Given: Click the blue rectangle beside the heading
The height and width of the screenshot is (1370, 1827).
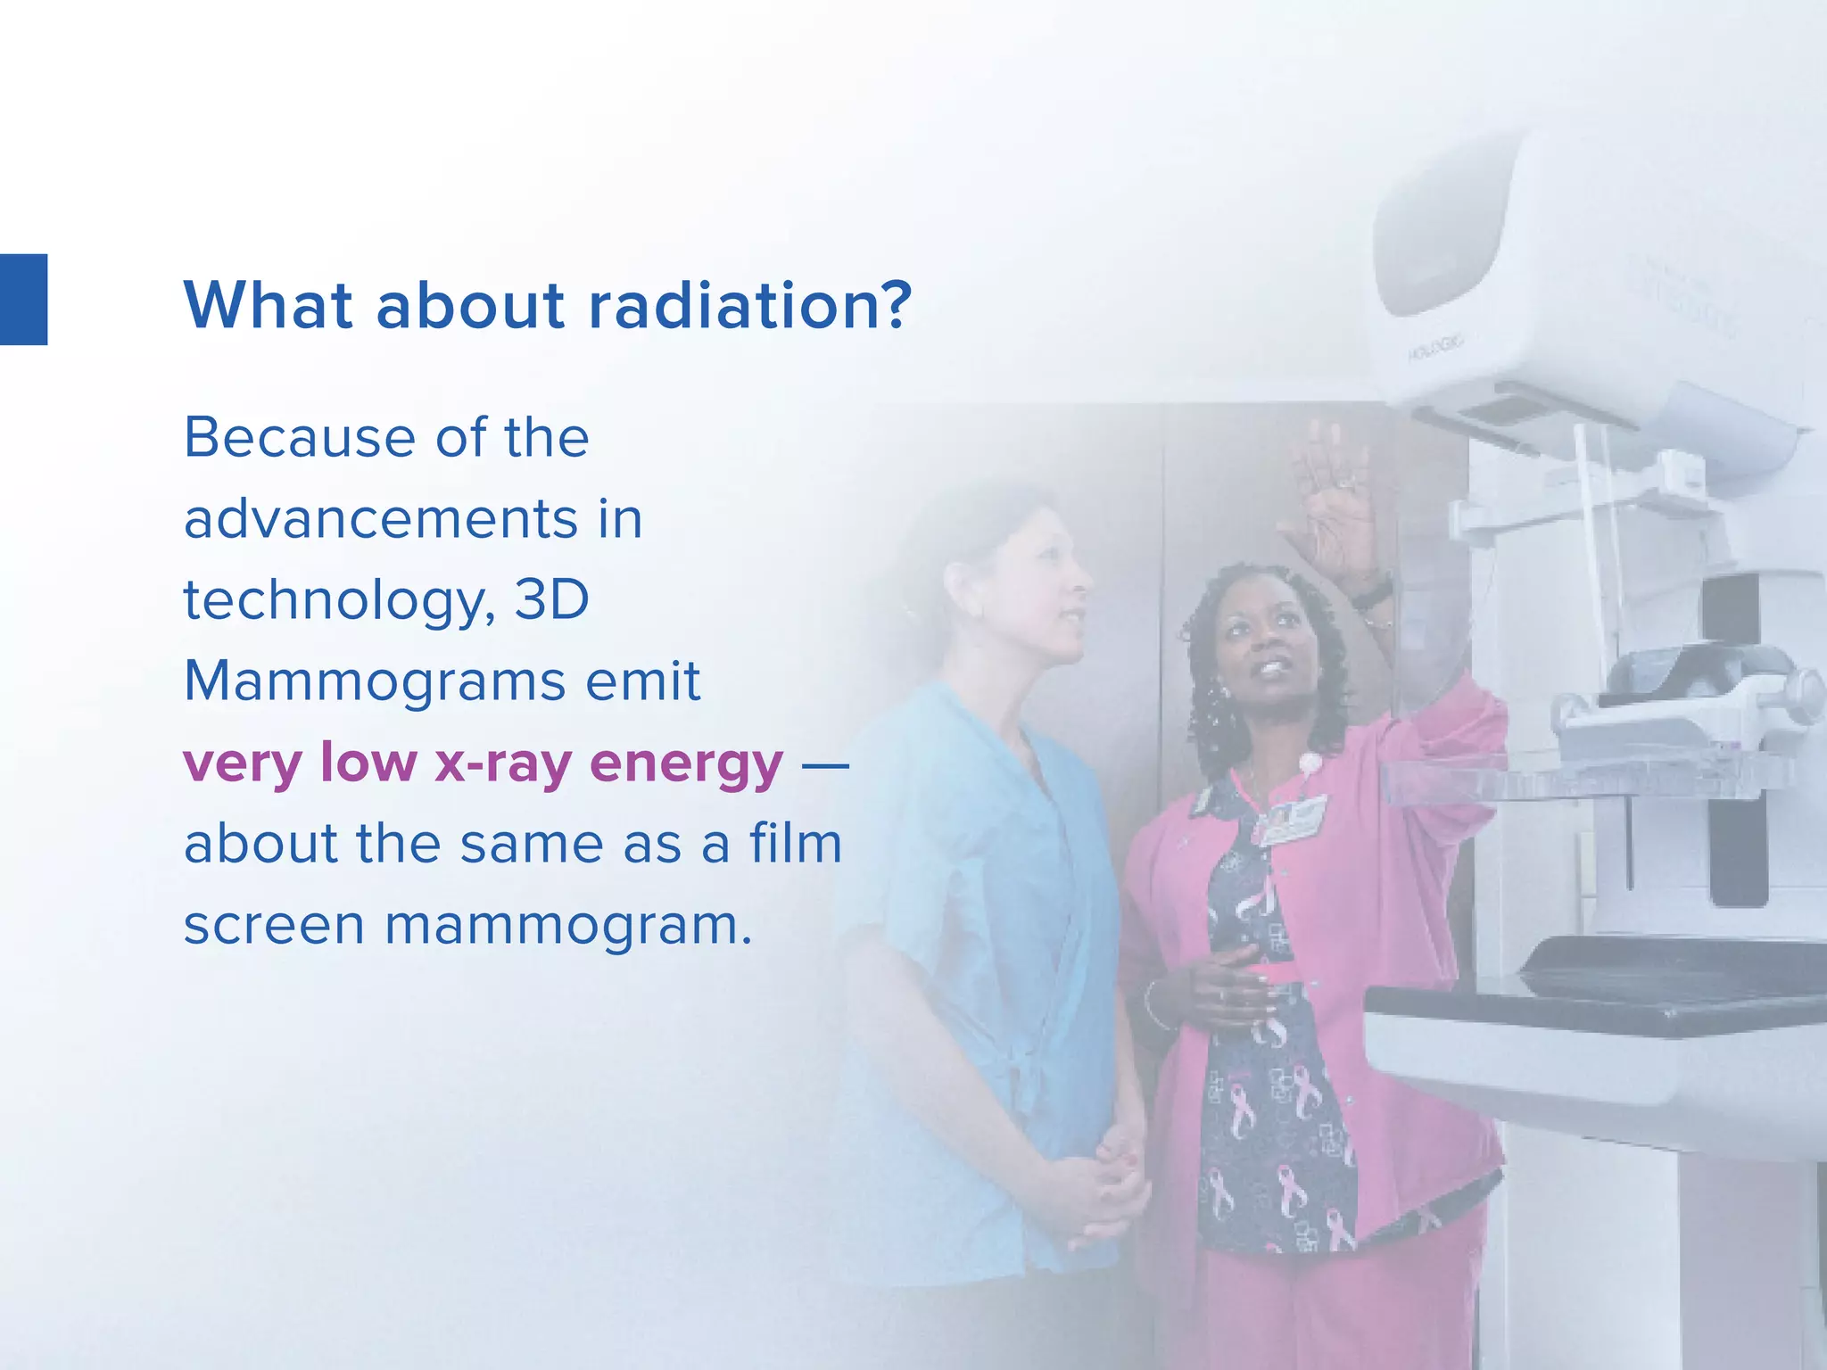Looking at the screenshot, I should pyautogui.click(x=23, y=300).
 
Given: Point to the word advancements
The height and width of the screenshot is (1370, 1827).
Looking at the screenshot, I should pyautogui.click(x=381, y=520).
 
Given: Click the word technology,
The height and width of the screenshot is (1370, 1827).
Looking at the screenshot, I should pyautogui.click(x=339, y=601).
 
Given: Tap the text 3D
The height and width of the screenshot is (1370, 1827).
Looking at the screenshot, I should pyautogui.click(x=552, y=600).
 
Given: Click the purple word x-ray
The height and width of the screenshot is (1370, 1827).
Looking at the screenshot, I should pyautogui.click(x=502, y=764).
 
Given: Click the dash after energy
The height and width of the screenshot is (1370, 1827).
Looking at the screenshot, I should pyautogui.click(x=825, y=763).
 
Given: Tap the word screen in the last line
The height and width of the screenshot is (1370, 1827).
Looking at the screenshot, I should pyautogui.click(x=274, y=926).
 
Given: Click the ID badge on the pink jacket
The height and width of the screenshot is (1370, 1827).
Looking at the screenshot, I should pyautogui.click(x=1290, y=820).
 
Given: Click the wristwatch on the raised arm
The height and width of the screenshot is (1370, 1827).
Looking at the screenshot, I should pyautogui.click(x=1372, y=592).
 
